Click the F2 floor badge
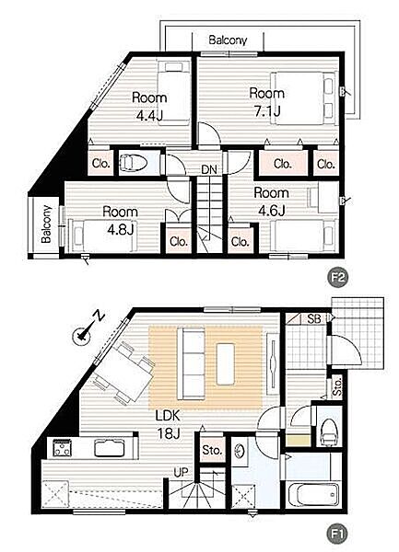(x=337, y=278)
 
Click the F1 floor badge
(x=337, y=535)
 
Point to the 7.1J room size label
(x=267, y=111)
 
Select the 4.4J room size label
(x=149, y=116)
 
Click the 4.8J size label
(x=121, y=229)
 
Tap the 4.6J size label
(x=272, y=211)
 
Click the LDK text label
(x=168, y=416)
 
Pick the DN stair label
(x=209, y=170)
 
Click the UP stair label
(x=181, y=473)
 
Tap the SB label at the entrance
(x=313, y=319)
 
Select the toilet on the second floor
(x=133, y=163)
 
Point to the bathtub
(x=313, y=495)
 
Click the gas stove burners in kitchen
(x=63, y=449)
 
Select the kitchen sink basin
(x=110, y=449)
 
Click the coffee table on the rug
(x=226, y=364)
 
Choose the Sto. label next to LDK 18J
(x=212, y=450)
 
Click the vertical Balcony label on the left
(x=46, y=224)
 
